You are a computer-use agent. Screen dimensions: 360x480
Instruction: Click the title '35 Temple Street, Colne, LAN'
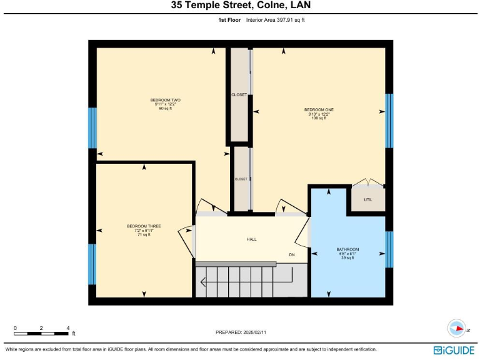pos(241,6)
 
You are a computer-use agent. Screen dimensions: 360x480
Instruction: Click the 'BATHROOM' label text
pos(347,249)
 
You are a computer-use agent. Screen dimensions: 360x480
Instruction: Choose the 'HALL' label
pos(251,239)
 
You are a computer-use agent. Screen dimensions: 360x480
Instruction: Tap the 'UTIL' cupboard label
pos(367,200)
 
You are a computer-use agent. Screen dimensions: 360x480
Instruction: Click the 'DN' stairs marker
pos(291,255)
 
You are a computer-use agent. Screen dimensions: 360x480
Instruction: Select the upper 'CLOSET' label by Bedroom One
pos(239,95)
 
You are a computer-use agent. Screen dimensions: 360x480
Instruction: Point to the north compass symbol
pos(457,328)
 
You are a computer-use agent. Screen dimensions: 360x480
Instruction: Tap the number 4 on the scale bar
pos(67,327)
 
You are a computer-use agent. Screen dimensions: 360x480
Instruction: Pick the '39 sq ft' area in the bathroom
pos(347,257)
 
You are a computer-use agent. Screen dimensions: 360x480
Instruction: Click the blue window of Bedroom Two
pos(92,127)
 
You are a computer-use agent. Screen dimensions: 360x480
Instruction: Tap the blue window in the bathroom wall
pos(389,249)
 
